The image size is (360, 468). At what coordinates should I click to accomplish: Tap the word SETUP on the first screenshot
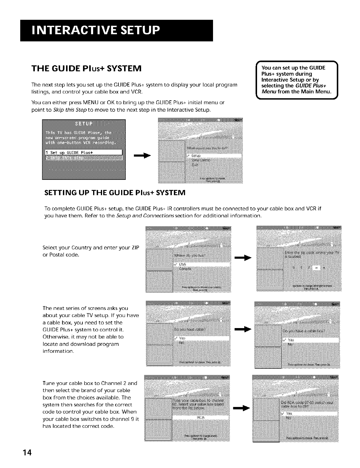click(84, 124)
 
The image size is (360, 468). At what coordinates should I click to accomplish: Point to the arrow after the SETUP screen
click(143, 155)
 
